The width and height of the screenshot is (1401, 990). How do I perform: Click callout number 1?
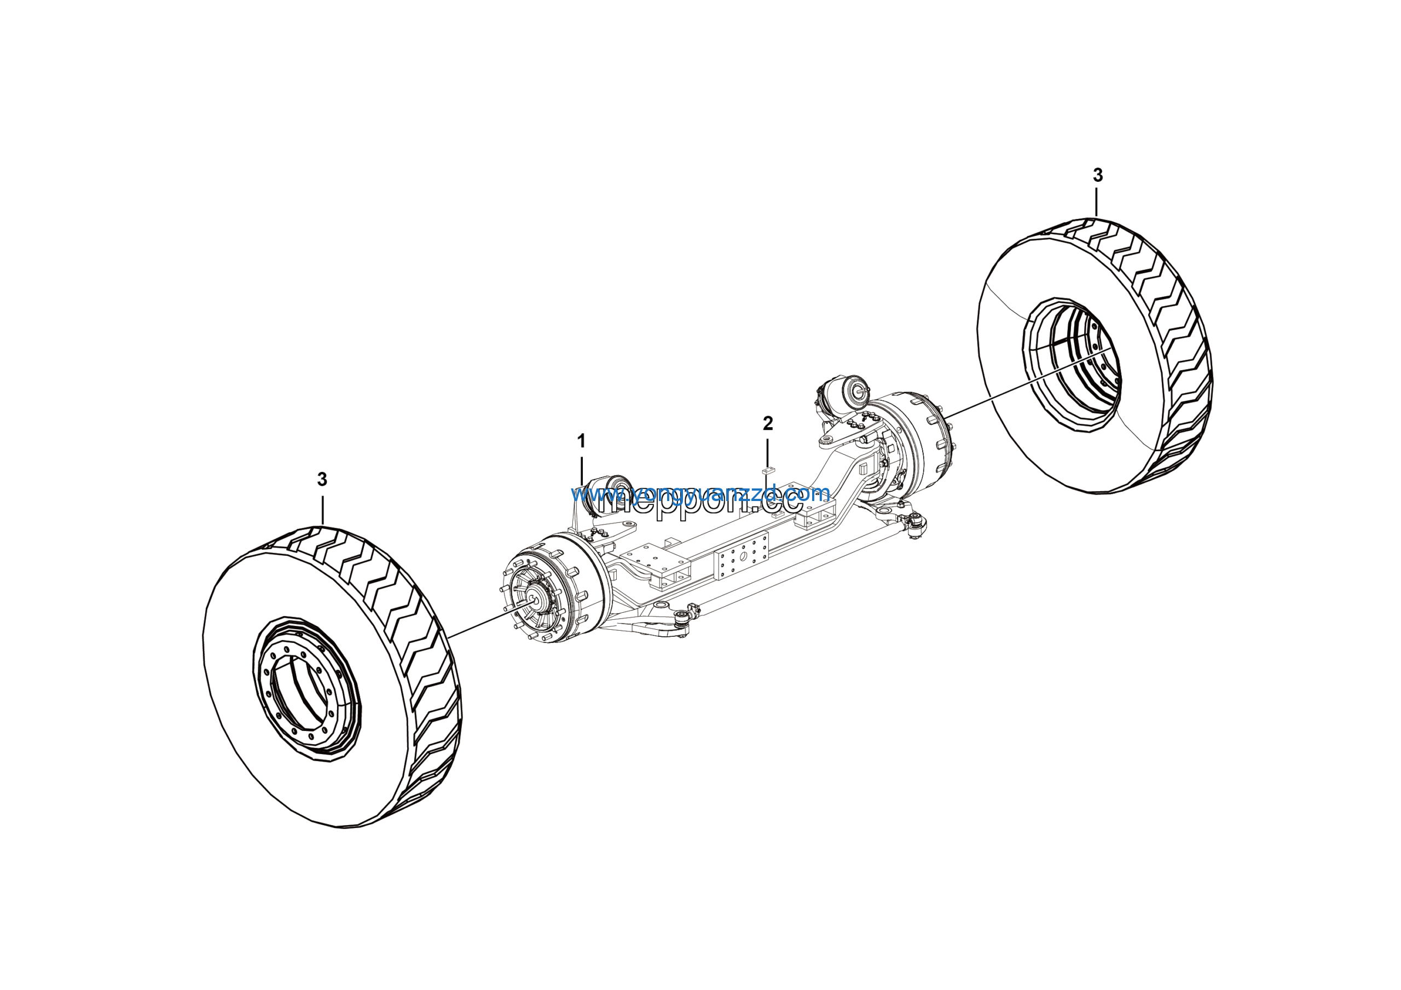(x=581, y=440)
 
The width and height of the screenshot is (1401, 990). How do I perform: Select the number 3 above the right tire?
(x=1098, y=175)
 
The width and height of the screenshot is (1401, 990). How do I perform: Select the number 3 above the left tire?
(x=322, y=479)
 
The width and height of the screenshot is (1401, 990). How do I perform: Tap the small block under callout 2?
(x=768, y=469)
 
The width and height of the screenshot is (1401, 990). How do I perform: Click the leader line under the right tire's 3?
(x=1097, y=202)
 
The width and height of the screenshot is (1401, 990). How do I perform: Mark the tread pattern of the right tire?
(x=1178, y=342)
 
